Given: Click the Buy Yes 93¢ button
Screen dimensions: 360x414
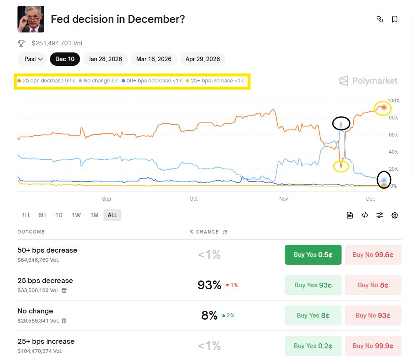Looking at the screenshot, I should click(x=313, y=285).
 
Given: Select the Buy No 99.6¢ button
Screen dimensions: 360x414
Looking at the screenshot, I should click(x=373, y=255).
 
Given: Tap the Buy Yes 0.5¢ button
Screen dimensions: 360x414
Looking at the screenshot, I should click(x=313, y=255).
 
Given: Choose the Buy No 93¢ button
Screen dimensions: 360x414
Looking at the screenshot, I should click(x=373, y=315).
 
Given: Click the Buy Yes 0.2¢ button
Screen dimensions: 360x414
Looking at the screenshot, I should click(x=313, y=346).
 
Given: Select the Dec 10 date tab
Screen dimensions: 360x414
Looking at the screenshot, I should click(x=65, y=59).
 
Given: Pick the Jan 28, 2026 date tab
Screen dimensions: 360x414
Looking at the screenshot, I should click(x=105, y=59).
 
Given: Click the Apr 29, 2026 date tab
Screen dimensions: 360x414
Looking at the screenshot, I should click(x=203, y=59).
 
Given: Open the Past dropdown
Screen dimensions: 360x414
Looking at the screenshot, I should click(x=34, y=59).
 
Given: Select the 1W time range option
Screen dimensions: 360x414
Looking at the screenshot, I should click(x=76, y=215).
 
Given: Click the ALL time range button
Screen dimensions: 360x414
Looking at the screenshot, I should click(x=112, y=215).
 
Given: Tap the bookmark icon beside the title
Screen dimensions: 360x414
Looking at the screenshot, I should click(x=395, y=19).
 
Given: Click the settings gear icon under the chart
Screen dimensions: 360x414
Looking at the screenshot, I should click(x=395, y=215).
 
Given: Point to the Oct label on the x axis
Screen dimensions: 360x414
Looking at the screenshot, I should click(x=194, y=199).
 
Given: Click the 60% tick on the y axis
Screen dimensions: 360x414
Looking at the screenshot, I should click(x=393, y=135).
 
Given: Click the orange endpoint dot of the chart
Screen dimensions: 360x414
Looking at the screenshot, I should click(x=384, y=107).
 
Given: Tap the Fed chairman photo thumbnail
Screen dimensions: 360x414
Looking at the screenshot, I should click(x=31, y=19).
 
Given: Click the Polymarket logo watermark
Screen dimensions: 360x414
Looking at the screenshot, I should click(x=368, y=81).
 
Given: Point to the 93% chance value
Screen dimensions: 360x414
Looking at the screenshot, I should click(x=209, y=285).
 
